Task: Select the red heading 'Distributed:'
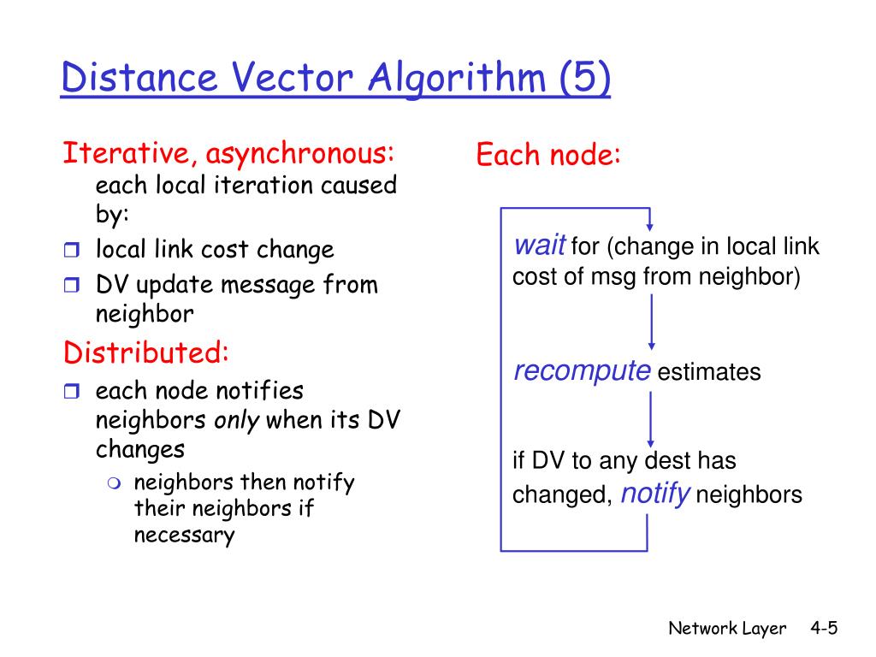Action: pyautogui.click(x=145, y=352)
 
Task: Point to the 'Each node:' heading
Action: pyautogui.click(x=547, y=156)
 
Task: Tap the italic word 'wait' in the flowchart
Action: pyautogui.click(x=539, y=247)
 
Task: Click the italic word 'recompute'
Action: pyautogui.click(x=582, y=371)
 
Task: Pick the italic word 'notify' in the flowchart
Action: pyautogui.click(x=654, y=494)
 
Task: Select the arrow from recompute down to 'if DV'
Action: pyautogui.click(x=652, y=419)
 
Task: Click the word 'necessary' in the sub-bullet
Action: pyautogui.click(x=184, y=536)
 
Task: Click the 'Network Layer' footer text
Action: pyautogui.click(x=726, y=629)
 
